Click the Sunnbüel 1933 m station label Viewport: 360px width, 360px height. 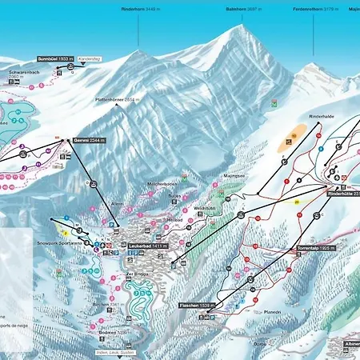pos(55,60)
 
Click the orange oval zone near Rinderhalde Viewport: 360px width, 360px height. pos(290,138)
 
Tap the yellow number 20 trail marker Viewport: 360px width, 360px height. pos(296,202)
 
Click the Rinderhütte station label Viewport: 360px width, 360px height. pos(342,194)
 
